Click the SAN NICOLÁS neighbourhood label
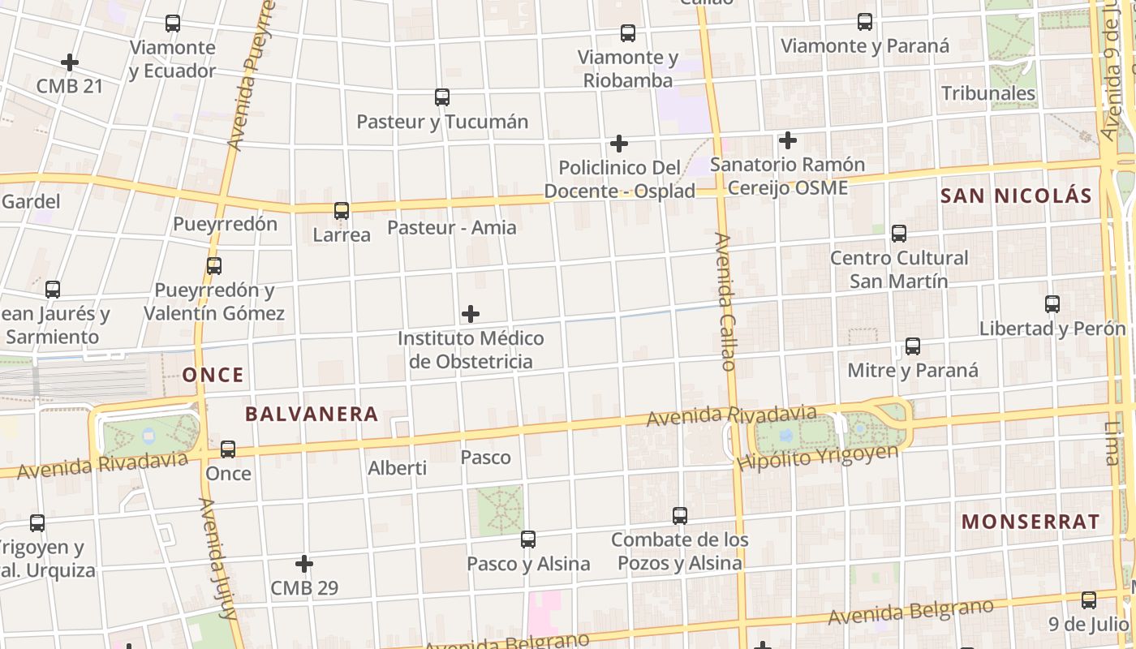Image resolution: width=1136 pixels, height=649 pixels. click(1016, 196)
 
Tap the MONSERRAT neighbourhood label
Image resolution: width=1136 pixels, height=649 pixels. click(1031, 522)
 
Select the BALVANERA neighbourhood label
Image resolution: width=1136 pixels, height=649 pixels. click(312, 414)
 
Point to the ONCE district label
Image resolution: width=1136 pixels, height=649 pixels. click(213, 375)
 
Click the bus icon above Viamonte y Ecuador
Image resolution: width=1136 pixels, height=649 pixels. click(172, 24)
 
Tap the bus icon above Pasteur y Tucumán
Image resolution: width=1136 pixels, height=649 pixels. click(442, 97)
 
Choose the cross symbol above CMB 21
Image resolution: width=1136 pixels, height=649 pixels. click(70, 62)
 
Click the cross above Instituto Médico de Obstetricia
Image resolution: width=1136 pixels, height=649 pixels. click(470, 314)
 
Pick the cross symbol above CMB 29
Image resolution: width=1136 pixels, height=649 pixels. click(304, 563)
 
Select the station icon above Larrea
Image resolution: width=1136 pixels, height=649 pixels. click(342, 211)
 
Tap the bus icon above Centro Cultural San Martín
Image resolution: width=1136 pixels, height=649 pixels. click(899, 234)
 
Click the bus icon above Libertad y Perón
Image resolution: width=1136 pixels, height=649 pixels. click(1052, 304)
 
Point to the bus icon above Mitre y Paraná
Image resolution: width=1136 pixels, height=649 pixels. click(913, 346)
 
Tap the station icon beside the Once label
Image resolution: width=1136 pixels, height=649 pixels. click(228, 449)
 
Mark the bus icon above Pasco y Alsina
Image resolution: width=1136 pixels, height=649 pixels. click(528, 539)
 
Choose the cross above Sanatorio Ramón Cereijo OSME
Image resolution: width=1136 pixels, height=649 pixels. click(787, 140)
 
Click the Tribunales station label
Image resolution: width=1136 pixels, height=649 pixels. click(988, 93)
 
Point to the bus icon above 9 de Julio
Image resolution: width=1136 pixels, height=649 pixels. click(1089, 600)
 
